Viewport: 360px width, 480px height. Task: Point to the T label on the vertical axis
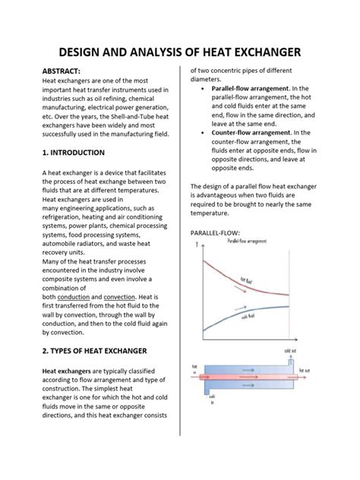tap(197, 246)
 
